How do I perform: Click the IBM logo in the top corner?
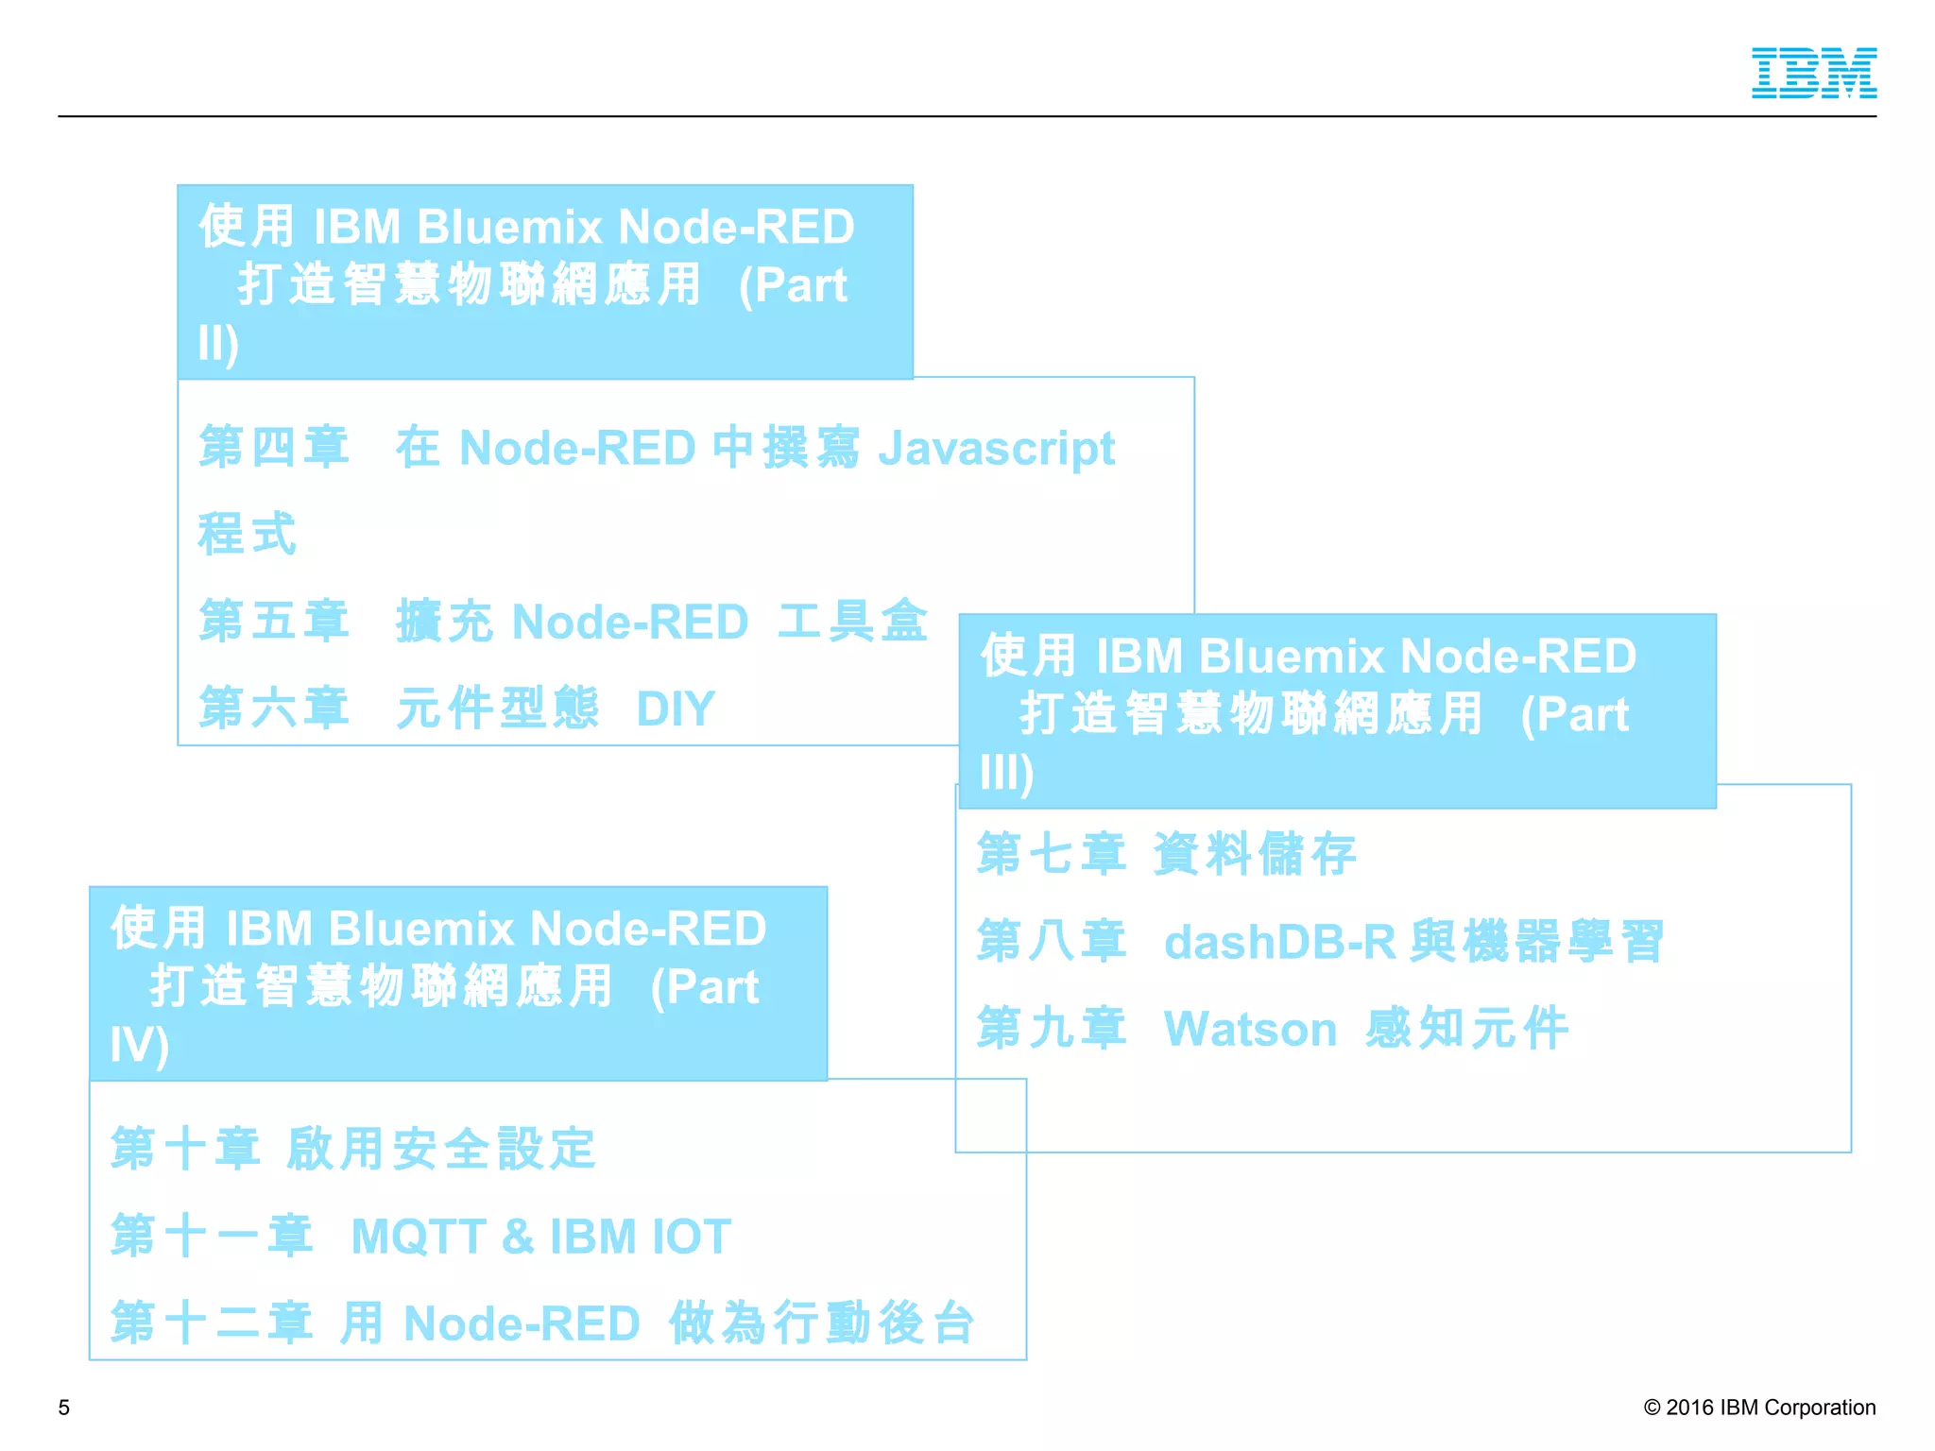coord(1813,73)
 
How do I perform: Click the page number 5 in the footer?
coord(64,1408)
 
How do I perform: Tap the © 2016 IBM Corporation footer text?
coord(1759,1408)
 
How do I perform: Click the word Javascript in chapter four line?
coord(996,448)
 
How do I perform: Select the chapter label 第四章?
coord(274,447)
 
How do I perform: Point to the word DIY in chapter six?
coord(676,708)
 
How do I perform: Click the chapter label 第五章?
coord(274,622)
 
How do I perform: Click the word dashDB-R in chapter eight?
coord(1279,942)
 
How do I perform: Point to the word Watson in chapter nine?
coord(1250,1029)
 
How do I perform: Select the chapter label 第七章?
coord(1052,854)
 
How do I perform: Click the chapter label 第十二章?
coord(212,1323)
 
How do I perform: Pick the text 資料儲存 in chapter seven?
coord(1255,854)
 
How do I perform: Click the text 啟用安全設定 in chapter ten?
coord(440,1150)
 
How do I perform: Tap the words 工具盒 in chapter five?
coord(852,622)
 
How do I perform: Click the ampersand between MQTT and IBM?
coord(518,1237)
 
